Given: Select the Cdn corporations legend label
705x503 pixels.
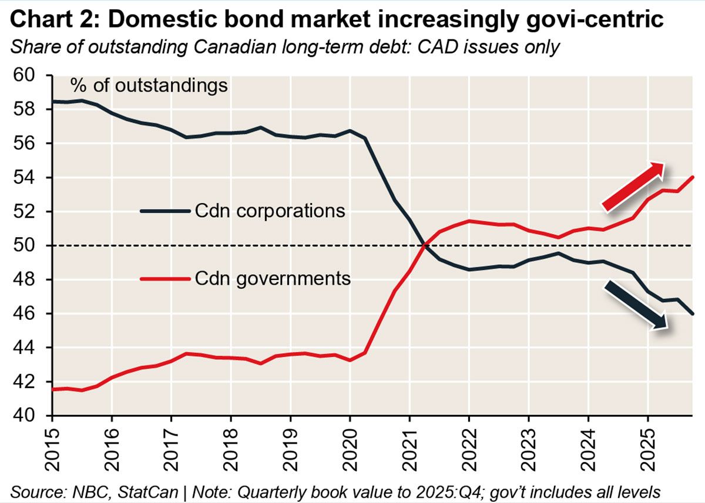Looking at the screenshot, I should click(269, 210).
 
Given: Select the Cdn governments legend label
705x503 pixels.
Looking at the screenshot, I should click(272, 278).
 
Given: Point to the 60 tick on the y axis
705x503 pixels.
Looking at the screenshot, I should click(27, 76).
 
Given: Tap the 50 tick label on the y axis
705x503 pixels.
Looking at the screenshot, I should click(27, 245).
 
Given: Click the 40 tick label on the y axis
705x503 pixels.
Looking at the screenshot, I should click(27, 415).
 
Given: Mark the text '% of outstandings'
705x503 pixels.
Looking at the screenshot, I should click(149, 86).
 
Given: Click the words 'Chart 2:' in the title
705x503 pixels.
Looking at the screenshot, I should click(54, 20).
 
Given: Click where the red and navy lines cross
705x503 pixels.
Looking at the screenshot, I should click(424, 245).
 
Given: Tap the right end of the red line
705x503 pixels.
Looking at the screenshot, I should click(693, 177).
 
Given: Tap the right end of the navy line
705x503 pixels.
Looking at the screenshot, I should click(693, 313).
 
